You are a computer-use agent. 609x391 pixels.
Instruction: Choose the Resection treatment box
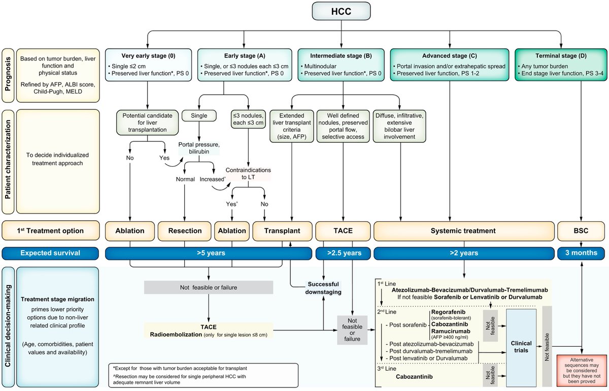[x=184, y=231]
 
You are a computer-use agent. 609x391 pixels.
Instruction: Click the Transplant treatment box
[x=282, y=231]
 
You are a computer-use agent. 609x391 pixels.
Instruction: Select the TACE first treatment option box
[x=343, y=231]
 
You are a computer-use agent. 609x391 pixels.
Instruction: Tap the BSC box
[x=581, y=231]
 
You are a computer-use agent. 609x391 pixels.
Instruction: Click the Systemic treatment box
[x=463, y=231]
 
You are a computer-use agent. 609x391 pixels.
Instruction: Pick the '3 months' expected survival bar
[x=581, y=253]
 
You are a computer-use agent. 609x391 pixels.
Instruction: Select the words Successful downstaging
[x=324, y=287]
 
